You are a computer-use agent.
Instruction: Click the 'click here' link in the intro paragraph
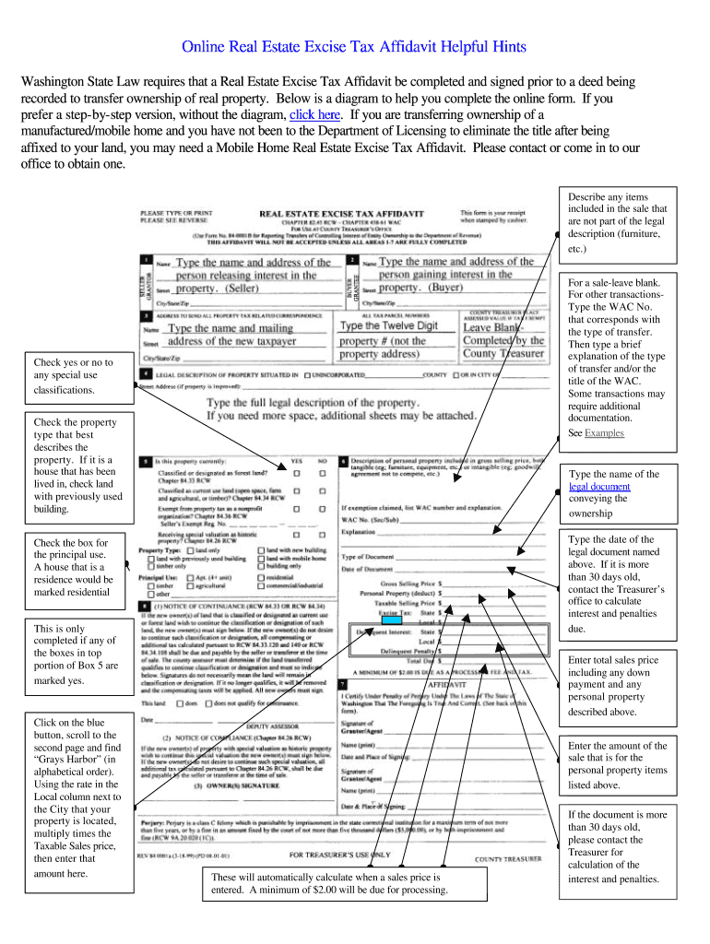pos(314,115)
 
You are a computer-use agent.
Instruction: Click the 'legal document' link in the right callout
pos(599,487)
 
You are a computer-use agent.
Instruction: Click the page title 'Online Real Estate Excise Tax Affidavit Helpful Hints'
pos(354,47)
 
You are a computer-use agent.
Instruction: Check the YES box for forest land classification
pos(296,475)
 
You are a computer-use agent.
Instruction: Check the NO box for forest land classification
pos(322,475)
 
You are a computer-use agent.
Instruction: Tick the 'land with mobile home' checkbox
pos(261,558)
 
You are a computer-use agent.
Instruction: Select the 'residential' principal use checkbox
pos(261,576)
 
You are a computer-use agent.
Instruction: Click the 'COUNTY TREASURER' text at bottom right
pos(507,858)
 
